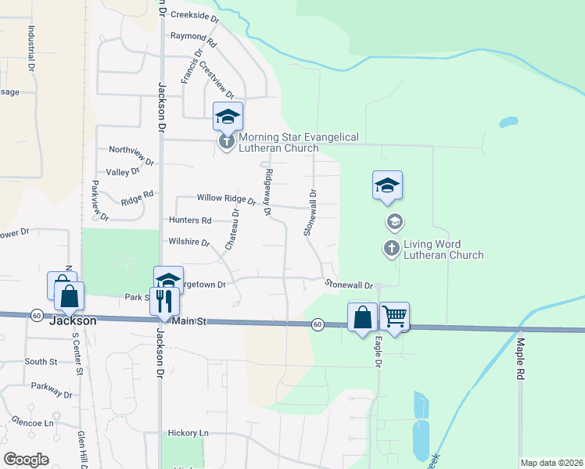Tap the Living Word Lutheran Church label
pyautogui.click(x=443, y=249)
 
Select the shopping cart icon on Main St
pyautogui.click(x=395, y=316)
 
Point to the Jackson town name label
pyautogui.click(x=73, y=320)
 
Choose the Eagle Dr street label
pyautogui.click(x=379, y=352)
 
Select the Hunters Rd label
pyautogui.click(x=190, y=220)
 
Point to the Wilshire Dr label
pyautogui.click(x=189, y=242)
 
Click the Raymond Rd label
pyautogui.click(x=192, y=37)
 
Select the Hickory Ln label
pyautogui.click(x=188, y=432)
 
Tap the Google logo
pyautogui.click(x=26, y=460)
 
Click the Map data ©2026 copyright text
pyautogui.click(x=551, y=463)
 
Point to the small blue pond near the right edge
pyautogui.click(x=508, y=123)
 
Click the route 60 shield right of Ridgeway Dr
pyautogui.click(x=317, y=324)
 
